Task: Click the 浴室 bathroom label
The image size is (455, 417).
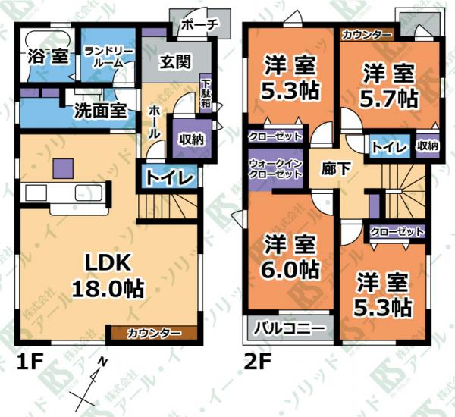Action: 49,56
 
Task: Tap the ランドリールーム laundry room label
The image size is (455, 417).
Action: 108,58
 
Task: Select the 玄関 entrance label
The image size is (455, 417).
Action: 175,62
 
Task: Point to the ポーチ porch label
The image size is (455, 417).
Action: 199,25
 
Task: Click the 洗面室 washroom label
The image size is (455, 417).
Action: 100,110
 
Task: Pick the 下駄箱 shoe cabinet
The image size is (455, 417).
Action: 206,93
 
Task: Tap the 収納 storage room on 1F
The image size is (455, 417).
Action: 192,139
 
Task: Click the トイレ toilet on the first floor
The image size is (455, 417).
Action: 169,177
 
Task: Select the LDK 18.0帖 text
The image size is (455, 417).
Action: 108,276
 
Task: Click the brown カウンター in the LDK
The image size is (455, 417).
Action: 154,333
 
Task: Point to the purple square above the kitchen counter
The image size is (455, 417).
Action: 63,168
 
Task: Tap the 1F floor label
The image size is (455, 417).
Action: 30,362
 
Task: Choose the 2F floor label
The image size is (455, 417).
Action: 258,362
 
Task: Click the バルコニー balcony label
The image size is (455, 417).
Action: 289,329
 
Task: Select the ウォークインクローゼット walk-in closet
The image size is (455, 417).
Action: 276,170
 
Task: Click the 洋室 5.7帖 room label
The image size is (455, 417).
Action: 389,86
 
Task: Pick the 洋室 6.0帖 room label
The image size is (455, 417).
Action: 290,257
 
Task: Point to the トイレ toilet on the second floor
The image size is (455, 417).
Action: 390,148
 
